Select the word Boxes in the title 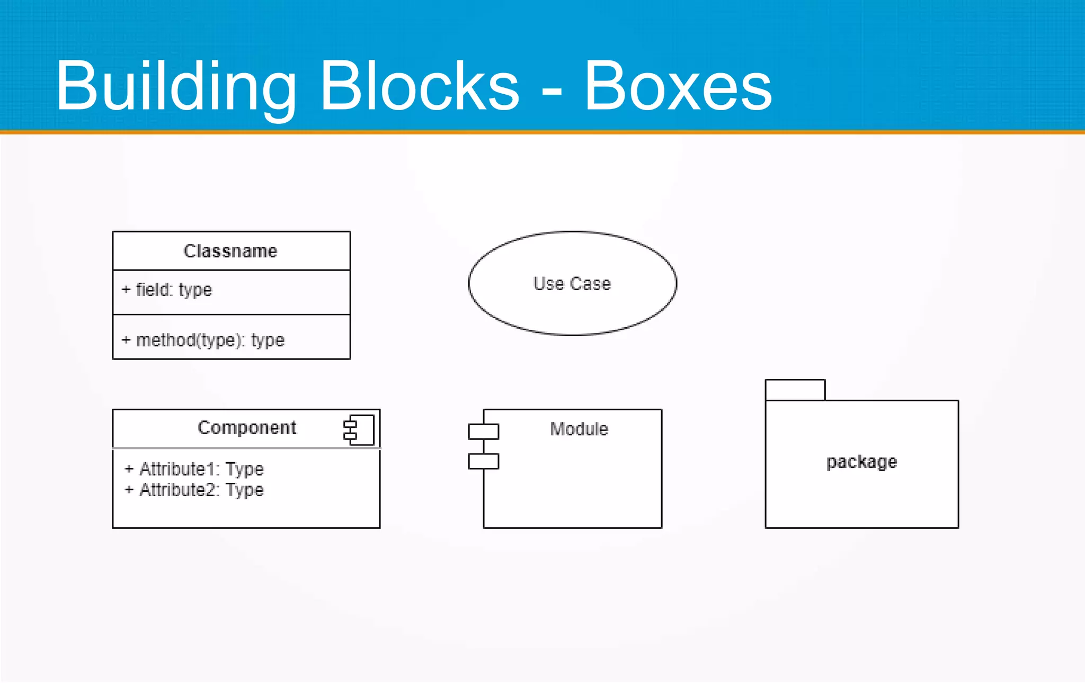(x=678, y=86)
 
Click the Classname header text (x=230, y=251)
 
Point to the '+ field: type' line (x=167, y=290)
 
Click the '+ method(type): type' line (x=203, y=340)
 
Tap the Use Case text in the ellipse (x=572, y=284)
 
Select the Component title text (x=247, y=428)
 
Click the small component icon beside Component (x=359, y=430)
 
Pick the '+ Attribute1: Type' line (x=194, y=469)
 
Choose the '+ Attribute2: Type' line (x=194, y=490)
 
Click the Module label (x=579, y=429)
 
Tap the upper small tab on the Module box (x=483, y=432)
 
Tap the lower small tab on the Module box (x=483, y=461)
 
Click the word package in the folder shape (x=862, y=462)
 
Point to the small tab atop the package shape (x=795, y=390)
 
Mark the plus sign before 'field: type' (x=126, y=290)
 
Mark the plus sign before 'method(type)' (x=126, y=340)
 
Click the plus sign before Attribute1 (x=129, y=469)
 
